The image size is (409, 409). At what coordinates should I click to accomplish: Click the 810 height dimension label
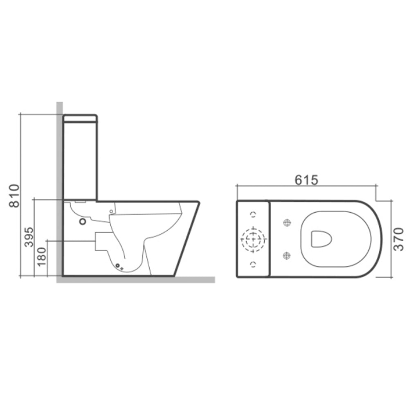pos(15,196)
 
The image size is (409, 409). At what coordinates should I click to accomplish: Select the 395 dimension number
pos(29,237)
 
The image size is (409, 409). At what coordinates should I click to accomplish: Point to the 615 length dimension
pos(306,180)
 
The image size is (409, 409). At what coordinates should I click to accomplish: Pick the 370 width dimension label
pos(399,239)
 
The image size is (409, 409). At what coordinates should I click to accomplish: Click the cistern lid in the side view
pos(80,119)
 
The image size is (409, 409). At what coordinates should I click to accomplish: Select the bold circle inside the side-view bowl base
pos(83,222)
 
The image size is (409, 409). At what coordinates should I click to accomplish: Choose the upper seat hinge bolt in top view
pos(287,222)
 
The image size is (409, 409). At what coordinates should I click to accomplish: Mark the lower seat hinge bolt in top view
pos(287,256)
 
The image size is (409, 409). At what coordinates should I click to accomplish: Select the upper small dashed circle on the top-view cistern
pos(253,215)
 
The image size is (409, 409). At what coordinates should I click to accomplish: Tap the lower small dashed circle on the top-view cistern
pos(253,263)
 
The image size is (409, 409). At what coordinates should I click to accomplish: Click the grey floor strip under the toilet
pos(135,280)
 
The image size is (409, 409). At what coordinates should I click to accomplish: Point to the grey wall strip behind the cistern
pos(59,164)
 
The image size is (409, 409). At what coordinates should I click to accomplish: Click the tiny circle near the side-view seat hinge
pos(110,211)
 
